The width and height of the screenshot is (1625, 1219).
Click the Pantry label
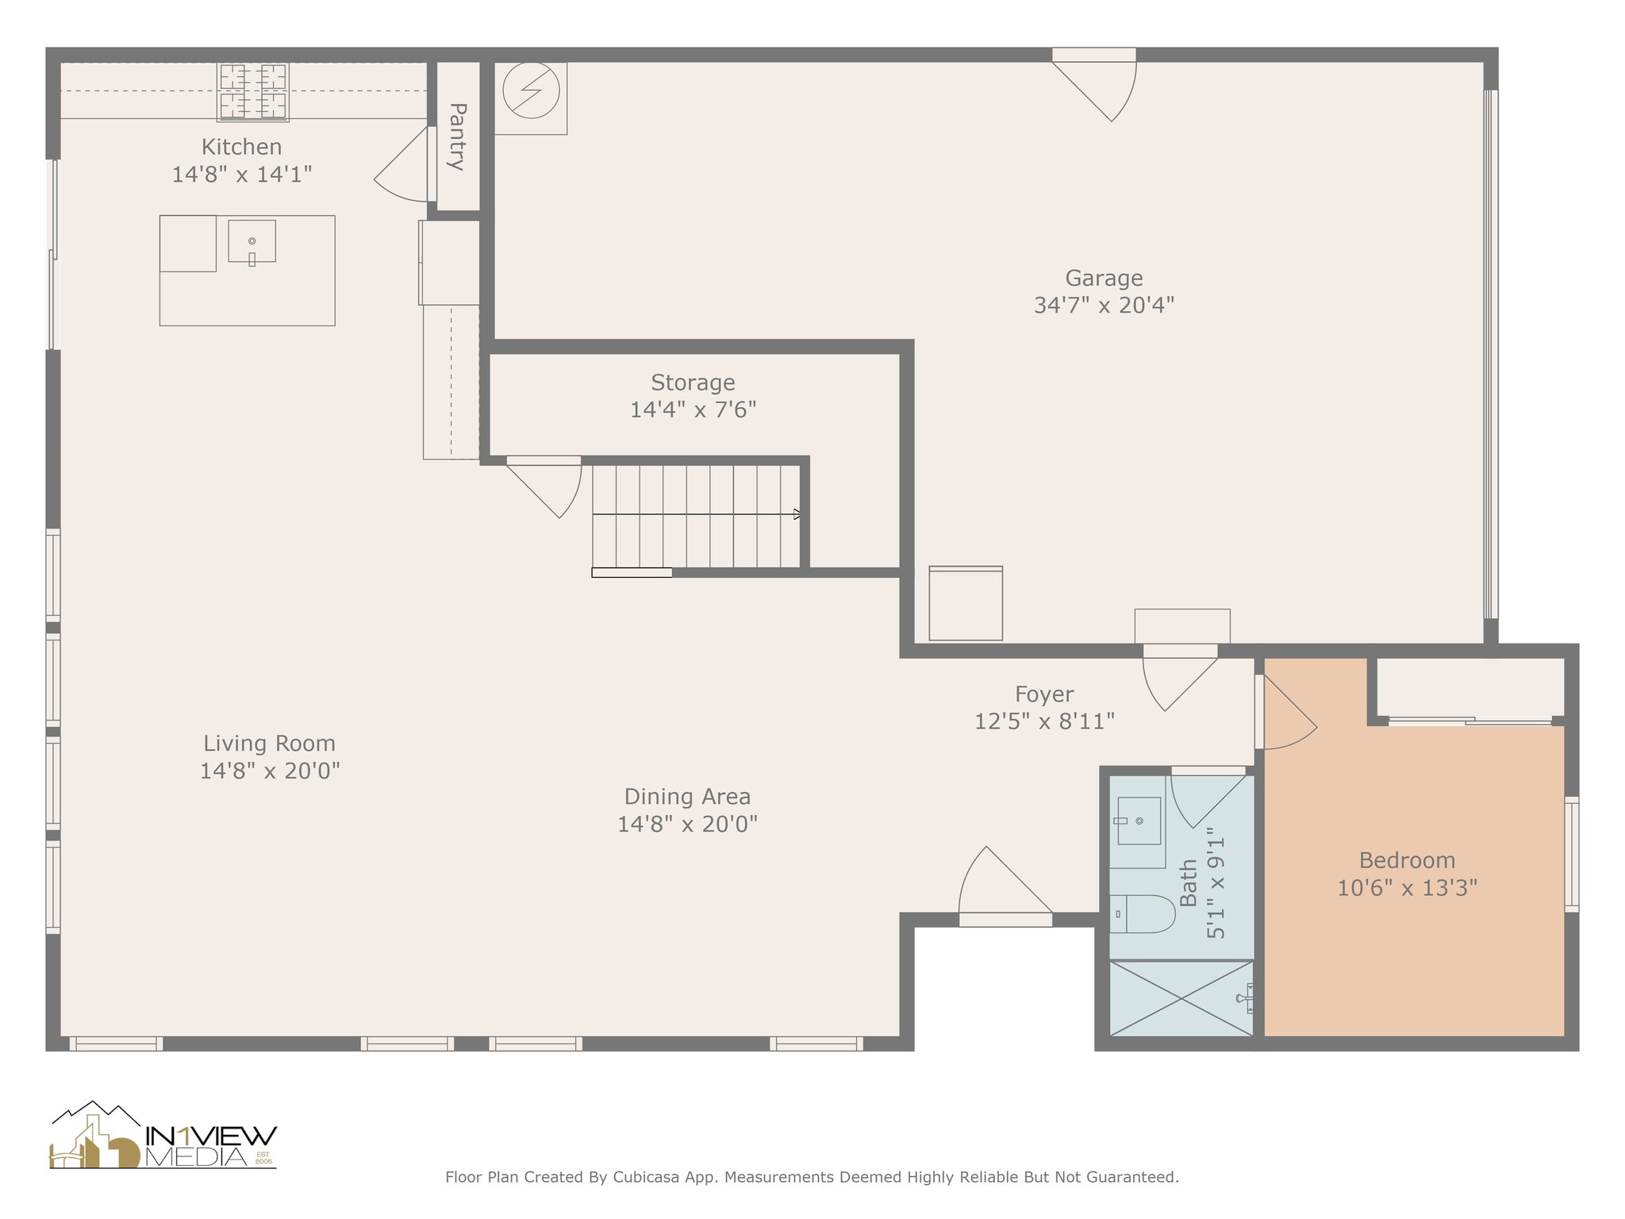[x=457, y=137]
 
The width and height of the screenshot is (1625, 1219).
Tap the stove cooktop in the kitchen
[x=253, y=92]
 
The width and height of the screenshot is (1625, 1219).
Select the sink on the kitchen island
[x=252, y=241]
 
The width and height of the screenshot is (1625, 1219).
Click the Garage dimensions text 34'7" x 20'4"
[x=1104, y=305]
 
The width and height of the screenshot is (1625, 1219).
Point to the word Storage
[x=693, y=383]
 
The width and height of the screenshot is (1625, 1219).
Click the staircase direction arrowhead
[x=797, y=514]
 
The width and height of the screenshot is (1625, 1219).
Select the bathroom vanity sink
[x=1139, y=821]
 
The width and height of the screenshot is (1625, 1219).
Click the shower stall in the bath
[x=1181, y=998]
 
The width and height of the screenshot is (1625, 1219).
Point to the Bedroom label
[x=1407, y=860]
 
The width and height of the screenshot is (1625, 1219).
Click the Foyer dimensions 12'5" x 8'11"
[x=1044, y=721]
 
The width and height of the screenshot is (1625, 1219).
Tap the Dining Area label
[x=687, y=797]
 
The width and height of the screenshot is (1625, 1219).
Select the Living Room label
[x=269, y=744]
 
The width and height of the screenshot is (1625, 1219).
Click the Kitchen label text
[x=241, y=147]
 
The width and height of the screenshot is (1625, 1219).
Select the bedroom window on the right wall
[x=1572, y=854]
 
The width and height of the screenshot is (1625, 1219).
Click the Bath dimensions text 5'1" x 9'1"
[x=1216, y=883]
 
